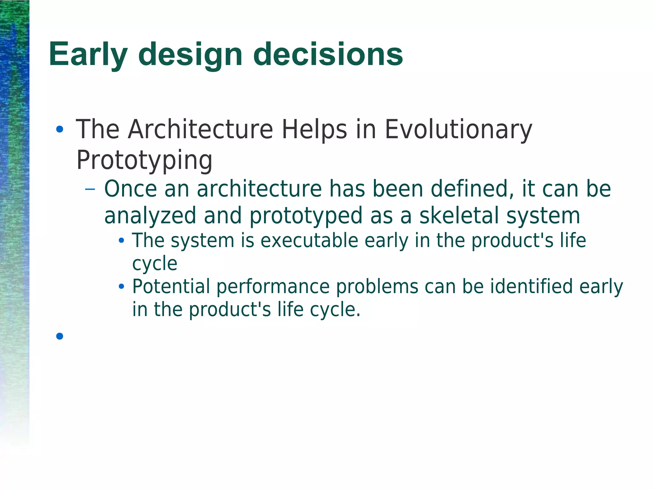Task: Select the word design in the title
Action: click(x=190, y=55)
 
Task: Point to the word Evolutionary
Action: click(x=458, y=130)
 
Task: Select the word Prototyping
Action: click(x=144, y=160)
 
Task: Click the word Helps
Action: click(x=314, y=130)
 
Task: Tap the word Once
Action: click(x=131, y=189)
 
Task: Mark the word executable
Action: click(x=309, y=240)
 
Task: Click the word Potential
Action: click(x=171, y=286)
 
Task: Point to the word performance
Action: click(x=273, y=287)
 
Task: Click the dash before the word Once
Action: click(x=90, y=189)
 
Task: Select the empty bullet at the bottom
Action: click(x=60, y=336)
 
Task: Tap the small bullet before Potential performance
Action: click(x=121, y=287)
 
